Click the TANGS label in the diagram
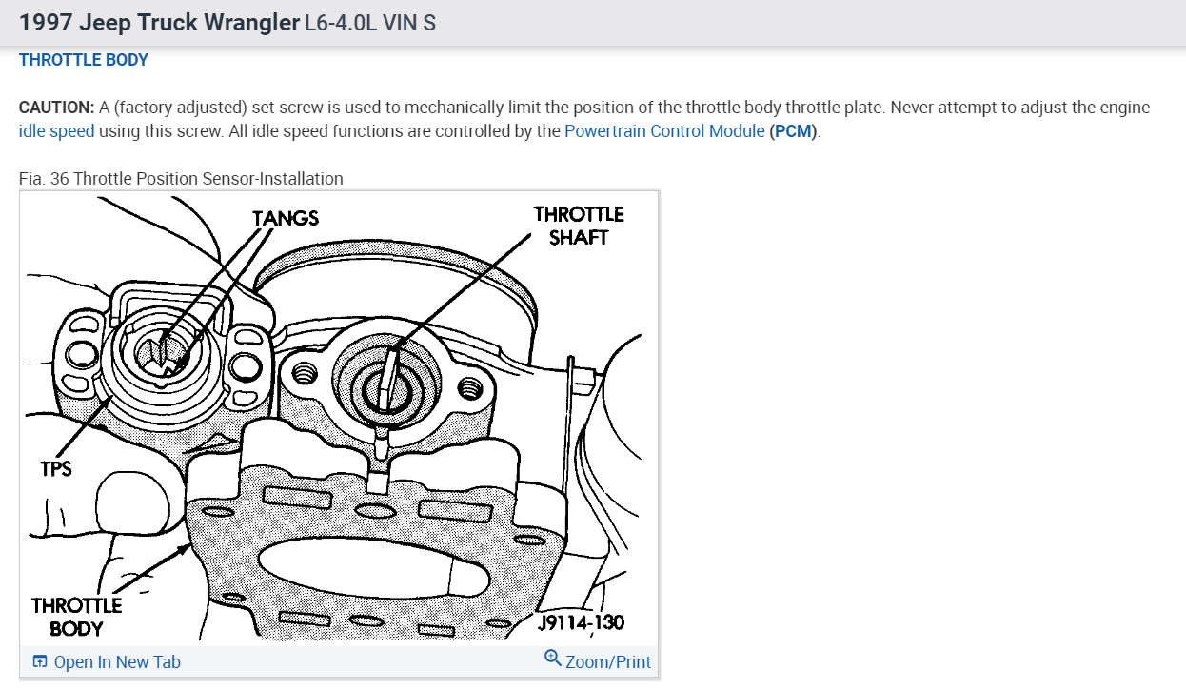pos(286,218)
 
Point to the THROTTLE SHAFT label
pos(579,226)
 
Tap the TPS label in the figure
pos(56,468)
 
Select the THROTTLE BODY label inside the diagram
pos(76,617)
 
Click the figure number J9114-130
pos(580,622)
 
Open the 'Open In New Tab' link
pos(117,662)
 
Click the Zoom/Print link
pos(608,661)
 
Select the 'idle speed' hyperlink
pos(57,131)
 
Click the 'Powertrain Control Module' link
pos(664,131)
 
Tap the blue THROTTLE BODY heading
pos(84,60)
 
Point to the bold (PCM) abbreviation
pos(794,131)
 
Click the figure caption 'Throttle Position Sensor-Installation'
pos(208,178)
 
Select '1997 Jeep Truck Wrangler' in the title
pos(159,22)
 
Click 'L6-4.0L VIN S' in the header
pos(370,23)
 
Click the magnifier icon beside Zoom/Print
pos(553,659)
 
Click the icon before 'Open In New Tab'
pos(40,662)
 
